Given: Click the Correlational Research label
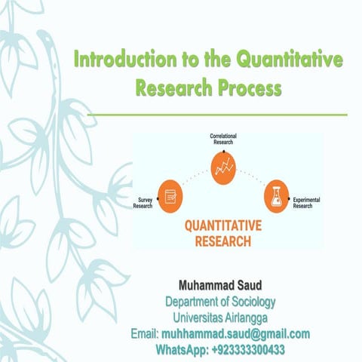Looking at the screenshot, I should tap(223, 138).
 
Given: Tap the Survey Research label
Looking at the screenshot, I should tap(143, 203).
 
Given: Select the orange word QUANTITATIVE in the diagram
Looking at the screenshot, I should tap(222, 228).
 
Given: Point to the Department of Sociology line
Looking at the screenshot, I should tap(221, 302).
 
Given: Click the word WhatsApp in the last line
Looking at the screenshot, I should tap(182, 351).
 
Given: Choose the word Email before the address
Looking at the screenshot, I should tap(143, 334).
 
